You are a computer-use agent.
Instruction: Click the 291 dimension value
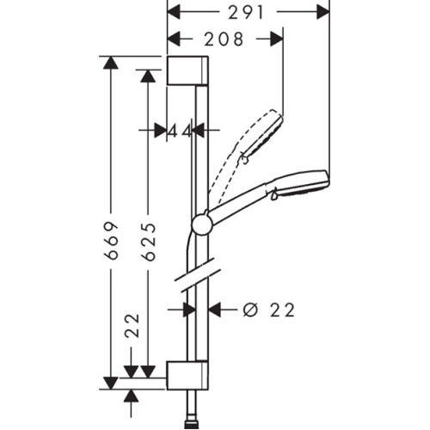pos(246,13)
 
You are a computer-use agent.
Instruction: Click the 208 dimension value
pos(224,40)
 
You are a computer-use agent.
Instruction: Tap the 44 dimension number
pos(180,132)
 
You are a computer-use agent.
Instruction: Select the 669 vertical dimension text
pos(111,241)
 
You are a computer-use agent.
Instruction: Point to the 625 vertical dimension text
pos(149,243)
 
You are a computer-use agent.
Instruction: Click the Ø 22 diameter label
pos(269,310)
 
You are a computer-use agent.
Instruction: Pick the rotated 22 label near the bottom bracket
pos(132,326)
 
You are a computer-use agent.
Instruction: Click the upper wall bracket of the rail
pos(187,71)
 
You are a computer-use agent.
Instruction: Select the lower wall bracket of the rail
pos(187,375)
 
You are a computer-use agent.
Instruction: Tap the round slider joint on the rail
pos(202,224)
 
